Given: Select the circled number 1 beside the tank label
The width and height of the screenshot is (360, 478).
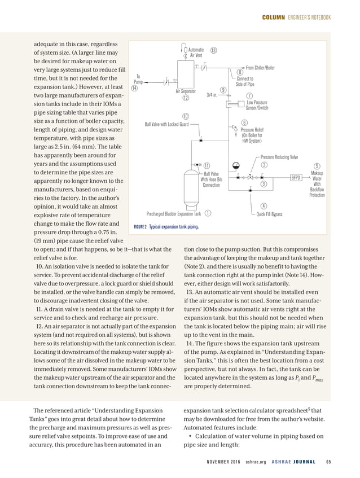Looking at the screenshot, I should [x=208, y=213].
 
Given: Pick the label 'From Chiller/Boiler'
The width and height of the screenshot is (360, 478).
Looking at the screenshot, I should [x=260, y=67].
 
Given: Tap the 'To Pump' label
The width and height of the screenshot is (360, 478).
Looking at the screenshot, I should [x=138, y=79].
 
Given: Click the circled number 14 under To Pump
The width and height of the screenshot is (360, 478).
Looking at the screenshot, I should [x=134, y=89].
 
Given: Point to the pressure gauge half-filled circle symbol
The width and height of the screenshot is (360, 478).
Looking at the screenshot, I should [x=236, y=165].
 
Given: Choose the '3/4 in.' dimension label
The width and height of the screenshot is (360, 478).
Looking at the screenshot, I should [x=212, y=95].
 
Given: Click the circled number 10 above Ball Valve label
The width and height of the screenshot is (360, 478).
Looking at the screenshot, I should [x=185, y=116].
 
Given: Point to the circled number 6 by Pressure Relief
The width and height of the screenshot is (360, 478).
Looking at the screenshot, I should [x=244, y=123].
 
